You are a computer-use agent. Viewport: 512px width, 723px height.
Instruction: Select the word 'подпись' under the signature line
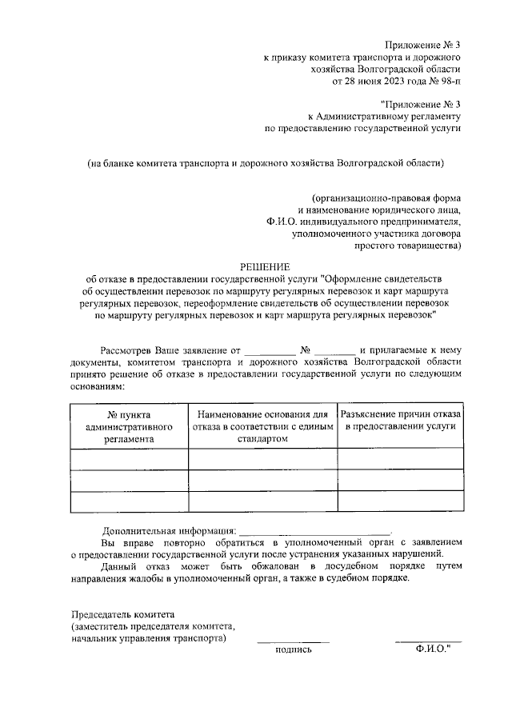point(293,651)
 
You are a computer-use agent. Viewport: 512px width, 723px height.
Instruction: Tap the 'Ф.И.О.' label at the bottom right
point(433,651)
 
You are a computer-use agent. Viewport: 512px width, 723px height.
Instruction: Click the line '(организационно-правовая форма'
point(387,198)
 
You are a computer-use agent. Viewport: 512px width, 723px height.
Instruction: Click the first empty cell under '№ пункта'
point(129,459)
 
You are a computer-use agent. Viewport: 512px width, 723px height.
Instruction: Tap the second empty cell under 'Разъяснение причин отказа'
point(400,481)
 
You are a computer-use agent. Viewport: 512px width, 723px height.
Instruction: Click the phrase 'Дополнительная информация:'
point(170,531)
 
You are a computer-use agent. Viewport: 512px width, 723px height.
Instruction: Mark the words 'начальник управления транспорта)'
point(148,639)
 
